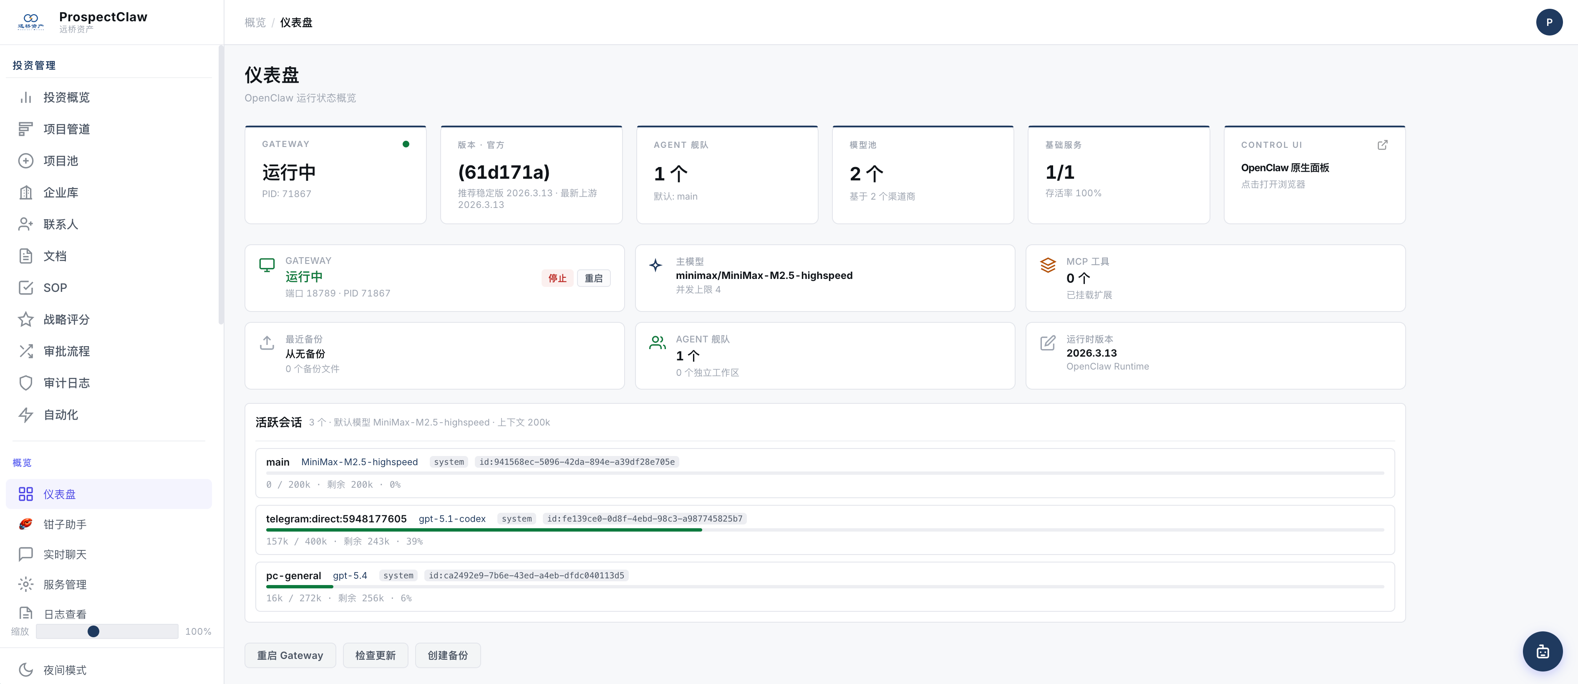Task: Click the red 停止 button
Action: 557,278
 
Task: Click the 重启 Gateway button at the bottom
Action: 290,655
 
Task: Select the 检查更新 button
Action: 375,655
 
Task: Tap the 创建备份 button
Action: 447,655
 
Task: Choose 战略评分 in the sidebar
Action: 66,319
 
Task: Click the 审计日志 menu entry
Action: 66,383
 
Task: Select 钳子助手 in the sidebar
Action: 64,524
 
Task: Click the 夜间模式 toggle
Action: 64,670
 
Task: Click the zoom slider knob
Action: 93,631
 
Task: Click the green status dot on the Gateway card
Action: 406,144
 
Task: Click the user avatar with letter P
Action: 1549,22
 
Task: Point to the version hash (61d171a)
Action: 504,172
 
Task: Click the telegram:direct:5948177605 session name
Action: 336,519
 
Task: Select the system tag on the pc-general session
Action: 398,575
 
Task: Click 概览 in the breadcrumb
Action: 255,23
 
